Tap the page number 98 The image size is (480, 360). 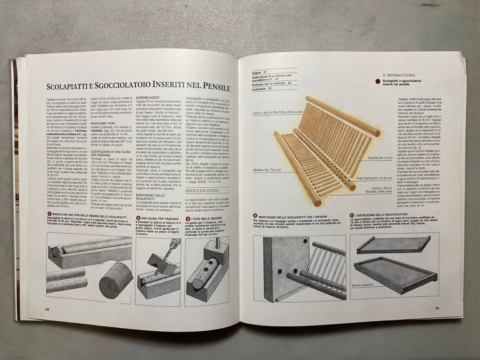coord(47,307)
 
